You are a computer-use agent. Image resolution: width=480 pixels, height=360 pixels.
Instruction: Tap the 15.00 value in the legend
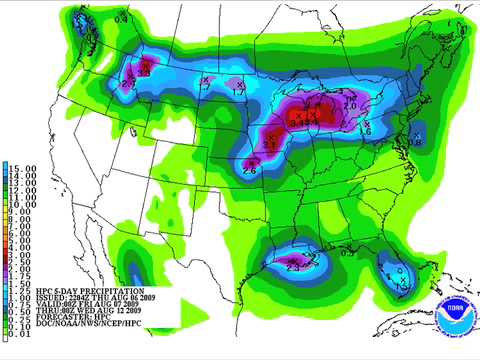(21, 167)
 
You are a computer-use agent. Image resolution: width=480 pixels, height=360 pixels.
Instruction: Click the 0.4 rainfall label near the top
(122, 18)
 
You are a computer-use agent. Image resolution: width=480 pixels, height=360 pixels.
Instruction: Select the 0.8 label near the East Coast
(417, 142)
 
